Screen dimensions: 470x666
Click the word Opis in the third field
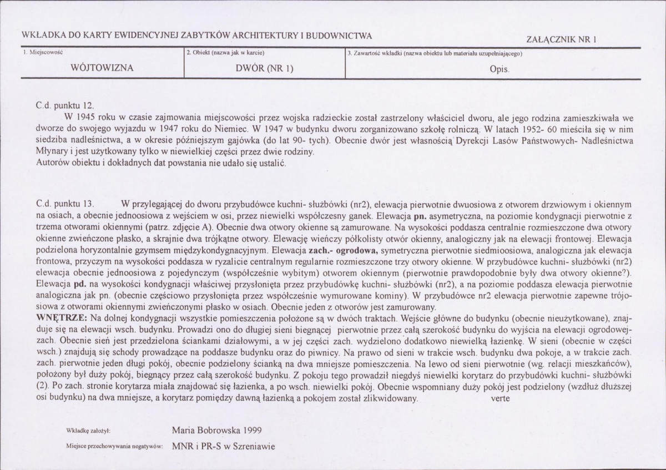pyautogui.click(x=499, y=70)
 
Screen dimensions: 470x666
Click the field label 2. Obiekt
pyautogui.click(x=225, y=53)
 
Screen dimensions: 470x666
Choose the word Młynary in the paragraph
pyautogui.click(x=52, y=151)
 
